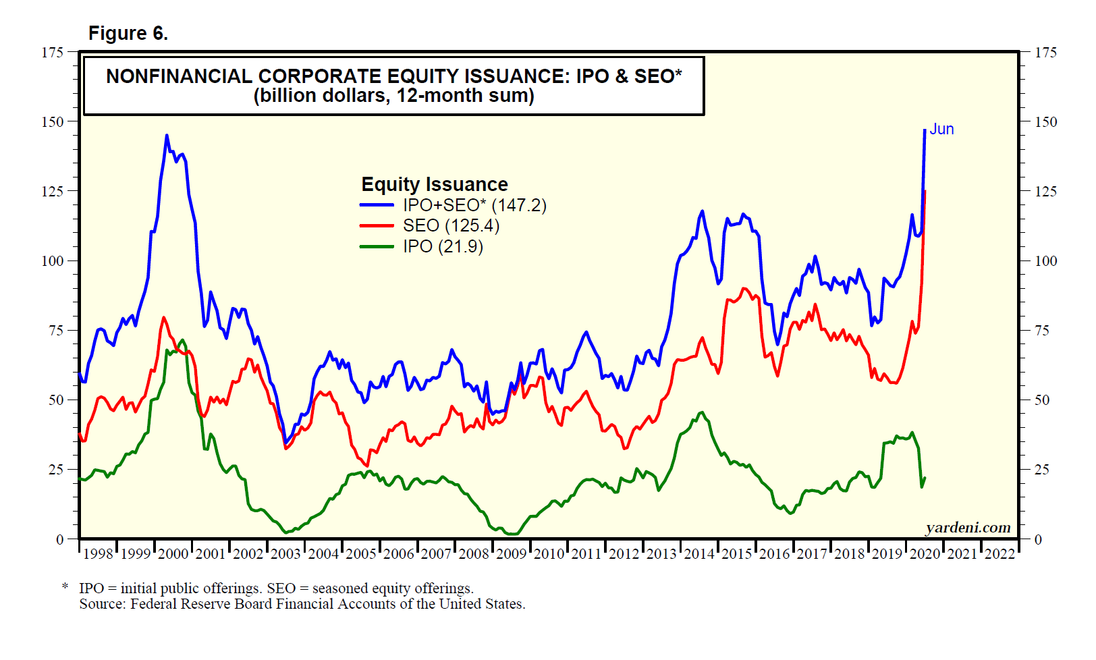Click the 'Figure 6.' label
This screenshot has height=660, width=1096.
(x=128, y=33)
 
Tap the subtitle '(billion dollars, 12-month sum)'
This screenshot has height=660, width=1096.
(x=393, y=96)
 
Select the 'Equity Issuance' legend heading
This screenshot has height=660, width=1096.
(x=434, y=184)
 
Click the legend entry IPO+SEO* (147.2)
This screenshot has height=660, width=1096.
(x=474, y=205)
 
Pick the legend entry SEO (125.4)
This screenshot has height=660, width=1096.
(x=451, y=225)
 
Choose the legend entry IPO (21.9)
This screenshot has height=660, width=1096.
(x=443, y=246)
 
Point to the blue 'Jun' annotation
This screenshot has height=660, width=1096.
(x=941, y=129)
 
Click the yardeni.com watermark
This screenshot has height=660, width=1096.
(x=968, y=527)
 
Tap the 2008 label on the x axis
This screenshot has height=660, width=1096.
(x=474, y=554)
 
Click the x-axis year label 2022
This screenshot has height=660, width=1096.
(x=999, y=554)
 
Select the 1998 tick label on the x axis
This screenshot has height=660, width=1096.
(x=98, y=554)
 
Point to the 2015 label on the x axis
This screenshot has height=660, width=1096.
(x=736, y=554)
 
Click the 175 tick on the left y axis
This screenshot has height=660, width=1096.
(x=53, y=53)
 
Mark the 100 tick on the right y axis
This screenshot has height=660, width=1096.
(x=1046, y=261)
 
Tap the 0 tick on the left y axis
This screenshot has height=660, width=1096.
(x=60, y=539)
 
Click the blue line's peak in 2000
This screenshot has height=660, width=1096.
(x=167, y=136)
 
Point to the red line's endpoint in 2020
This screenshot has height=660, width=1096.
(x=925, y=191)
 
